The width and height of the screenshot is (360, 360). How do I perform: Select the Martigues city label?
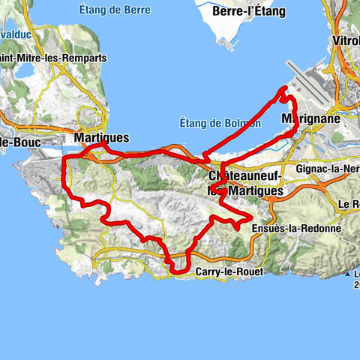[x=102, y=138]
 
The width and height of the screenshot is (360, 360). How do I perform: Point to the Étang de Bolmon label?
[x=220, y=123]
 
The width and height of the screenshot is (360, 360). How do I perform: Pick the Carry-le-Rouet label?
[x=228, y=271]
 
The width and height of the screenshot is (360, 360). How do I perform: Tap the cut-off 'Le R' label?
[x=349, y=204]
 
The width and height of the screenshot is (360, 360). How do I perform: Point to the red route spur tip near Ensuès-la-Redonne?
[x=249, y=218]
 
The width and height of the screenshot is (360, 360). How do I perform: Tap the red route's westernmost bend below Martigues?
[x=65, y=159]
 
